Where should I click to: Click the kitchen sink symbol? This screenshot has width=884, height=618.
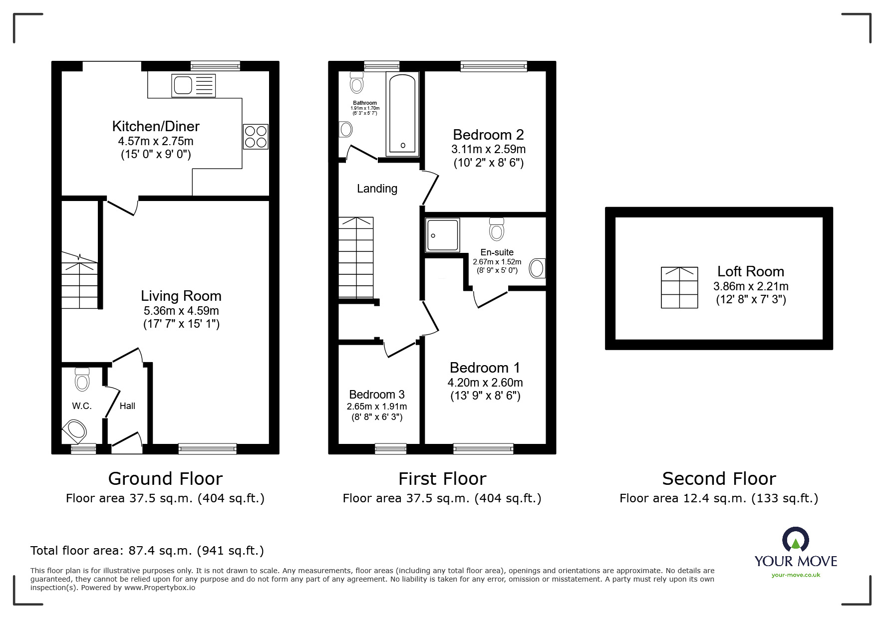pos(193,85)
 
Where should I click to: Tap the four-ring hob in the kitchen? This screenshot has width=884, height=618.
pos(256,137)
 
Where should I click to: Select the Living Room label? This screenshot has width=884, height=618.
pos(181,296)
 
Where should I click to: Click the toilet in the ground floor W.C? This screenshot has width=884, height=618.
pos(82,380)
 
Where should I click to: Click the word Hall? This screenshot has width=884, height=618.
pos(127,406)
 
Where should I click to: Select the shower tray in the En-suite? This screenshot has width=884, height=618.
pos(442,235)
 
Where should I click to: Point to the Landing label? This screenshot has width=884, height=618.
pos(377,189)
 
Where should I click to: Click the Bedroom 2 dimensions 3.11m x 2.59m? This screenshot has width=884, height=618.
pos(488,149)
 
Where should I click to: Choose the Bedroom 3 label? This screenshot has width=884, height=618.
pos(377,395)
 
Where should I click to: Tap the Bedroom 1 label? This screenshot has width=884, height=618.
pos(485,368)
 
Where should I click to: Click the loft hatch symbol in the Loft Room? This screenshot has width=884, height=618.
pos(679,288)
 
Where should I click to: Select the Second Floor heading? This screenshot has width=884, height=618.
pos(719,479)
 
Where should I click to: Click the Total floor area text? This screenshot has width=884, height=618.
pos(147,551)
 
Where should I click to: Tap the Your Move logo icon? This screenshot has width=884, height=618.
pos(795,540)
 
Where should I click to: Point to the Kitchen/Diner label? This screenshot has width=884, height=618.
pos(156,126)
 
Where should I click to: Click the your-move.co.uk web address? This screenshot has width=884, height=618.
pos(796,575)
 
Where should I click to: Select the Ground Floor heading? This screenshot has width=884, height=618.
pos(165,479)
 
